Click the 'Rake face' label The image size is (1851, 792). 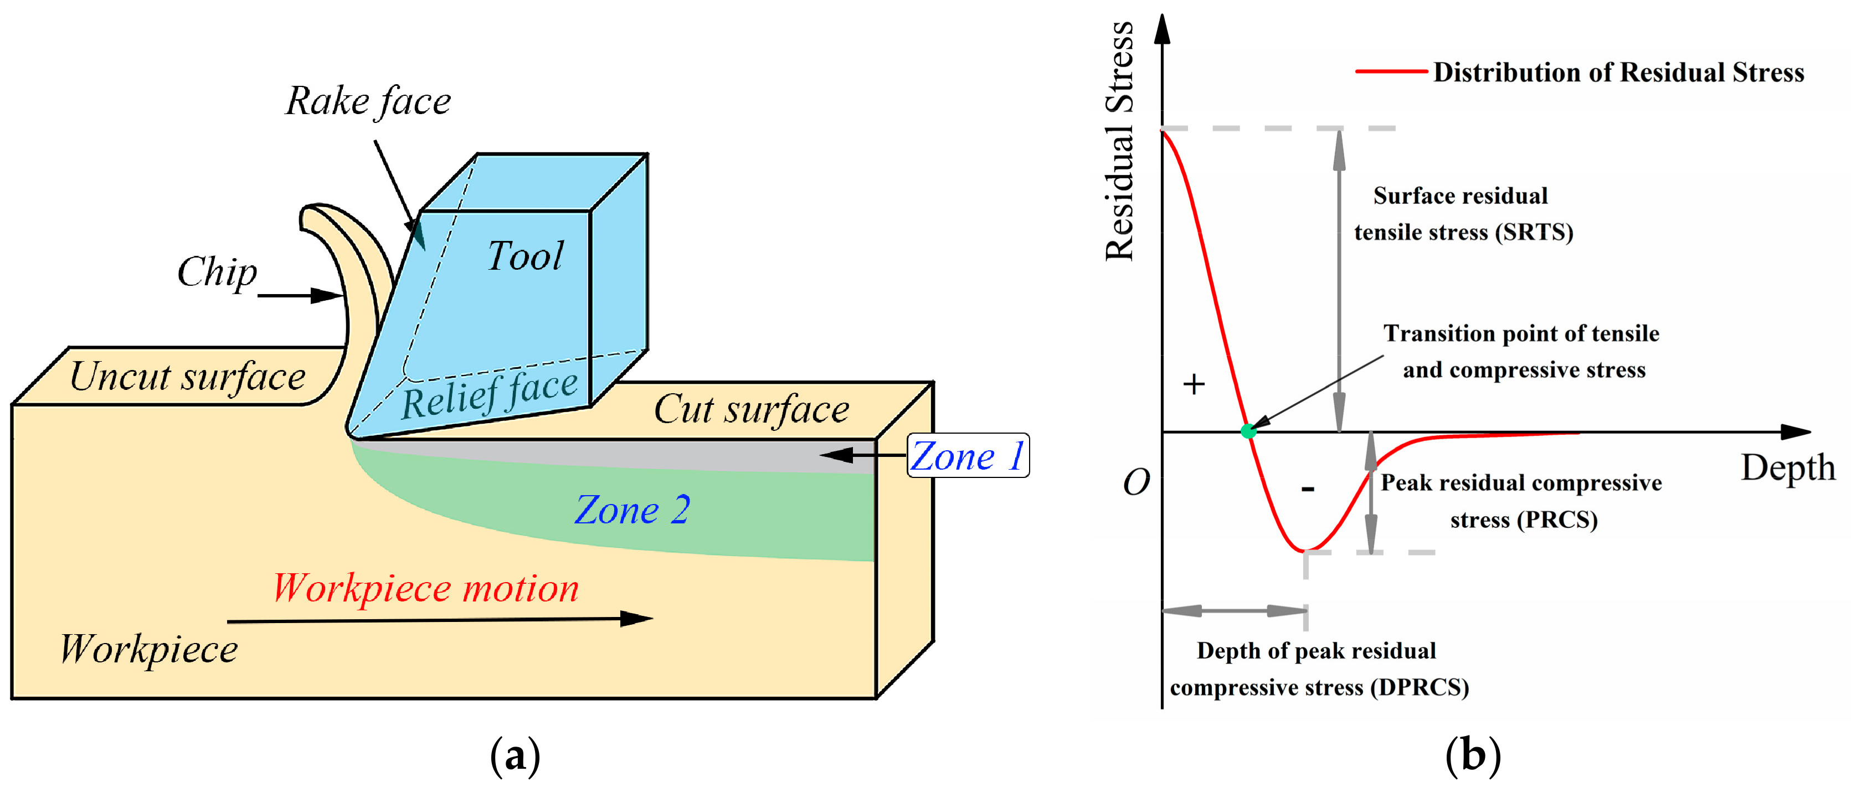368,101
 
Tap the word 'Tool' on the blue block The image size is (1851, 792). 525,256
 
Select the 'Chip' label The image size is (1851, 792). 217,273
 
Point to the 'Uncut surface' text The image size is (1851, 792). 188,377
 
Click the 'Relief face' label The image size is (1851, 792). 490,394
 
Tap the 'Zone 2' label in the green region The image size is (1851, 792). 633,510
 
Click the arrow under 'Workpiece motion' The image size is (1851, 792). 440,620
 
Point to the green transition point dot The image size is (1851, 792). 1249,431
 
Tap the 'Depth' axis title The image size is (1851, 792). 1788,468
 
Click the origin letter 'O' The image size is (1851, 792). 1136,482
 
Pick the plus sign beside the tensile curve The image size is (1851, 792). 1194,384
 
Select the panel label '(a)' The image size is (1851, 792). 515,756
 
